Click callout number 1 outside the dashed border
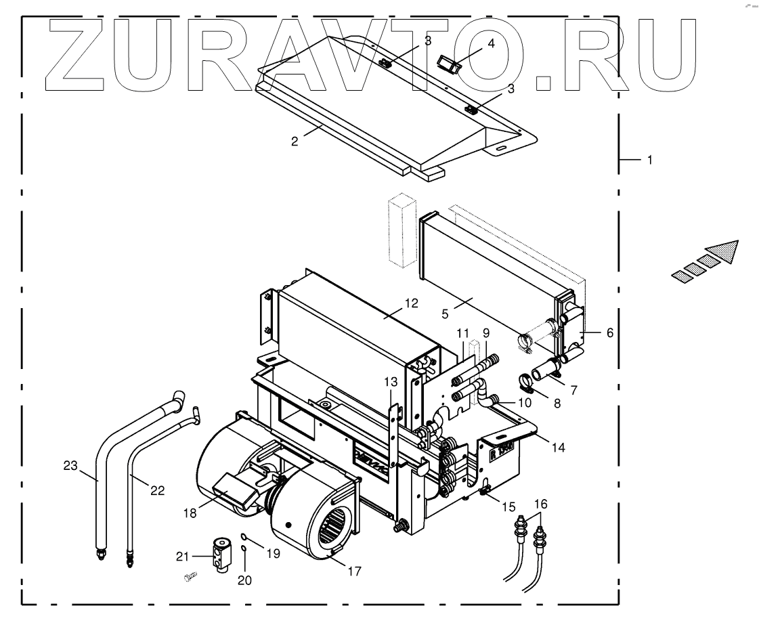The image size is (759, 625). click(x=650, y=161)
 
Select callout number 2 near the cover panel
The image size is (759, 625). click(x=295, y=142)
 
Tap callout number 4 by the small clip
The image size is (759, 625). click(x=492, y=43)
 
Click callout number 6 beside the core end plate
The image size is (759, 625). click(x=609, y=333)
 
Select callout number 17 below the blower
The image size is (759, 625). click(x=353, y=572)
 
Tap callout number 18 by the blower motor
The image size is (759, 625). click(x=190, y=513)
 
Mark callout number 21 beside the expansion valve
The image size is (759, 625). click(x=182, y=556)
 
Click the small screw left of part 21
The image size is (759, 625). click(x=190, y=576)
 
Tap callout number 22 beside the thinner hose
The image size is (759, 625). click(x=157, y=490)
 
